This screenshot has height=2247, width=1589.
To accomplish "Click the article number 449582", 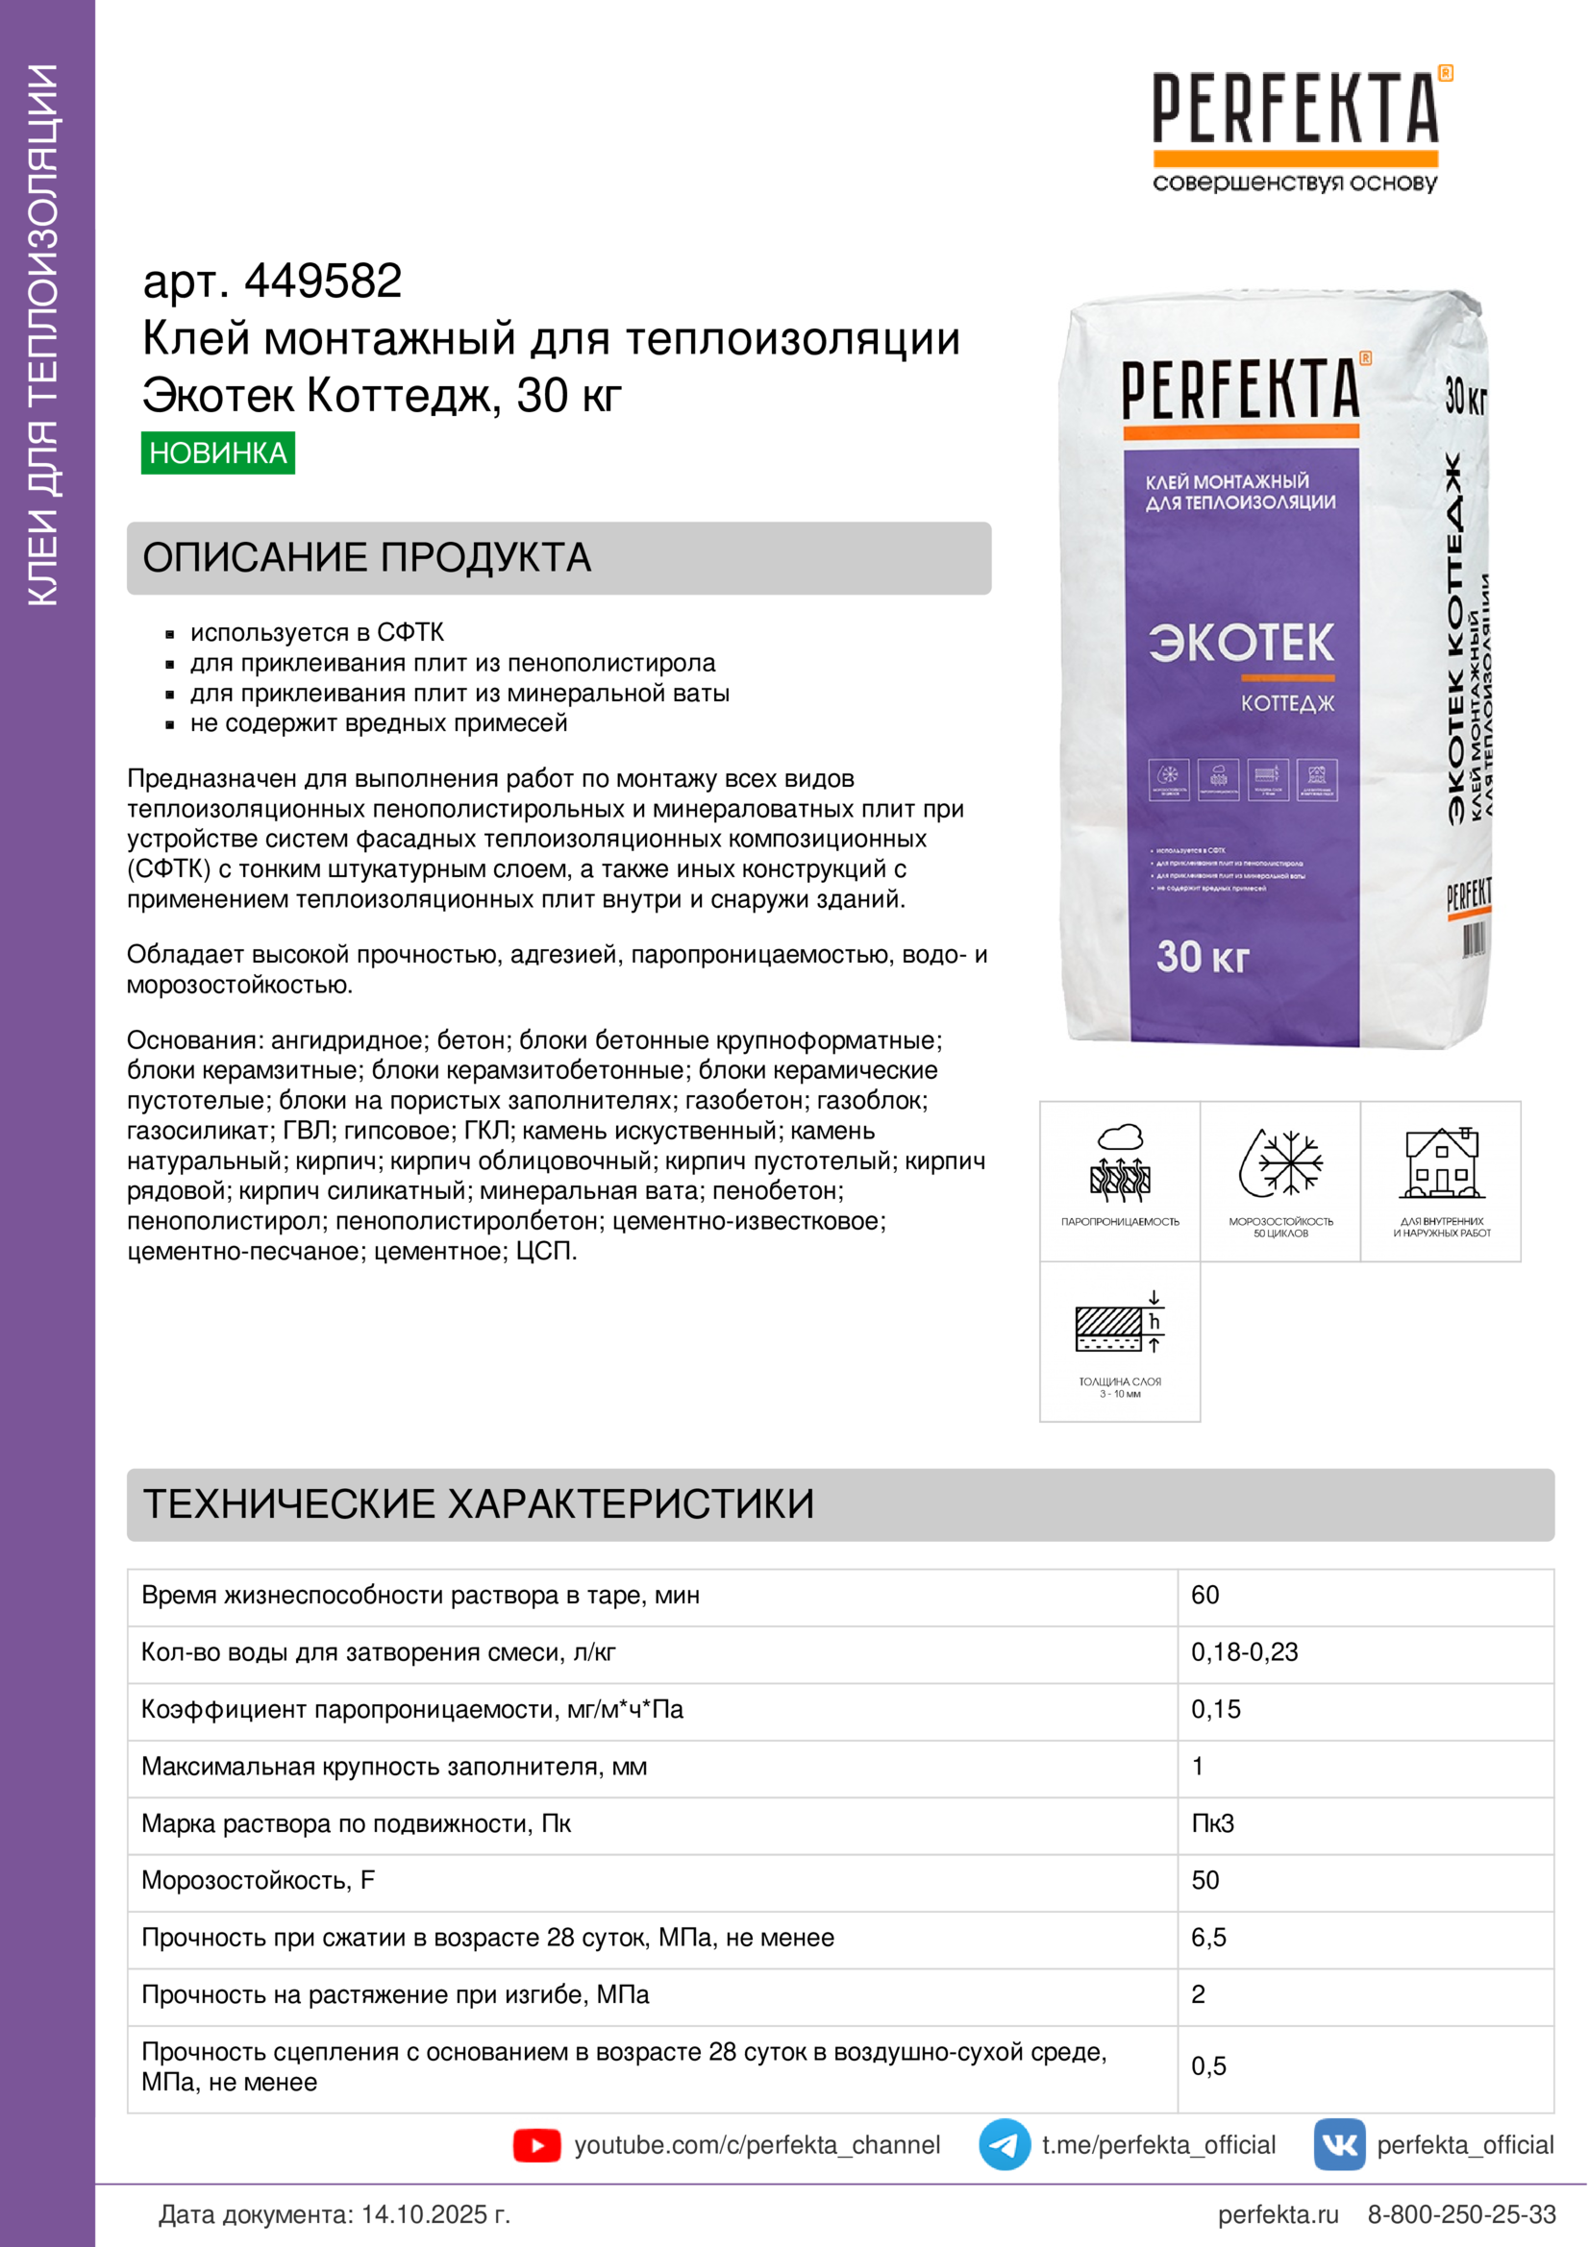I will [x=322, y=281].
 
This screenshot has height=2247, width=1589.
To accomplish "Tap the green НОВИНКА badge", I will [x=217, y=453].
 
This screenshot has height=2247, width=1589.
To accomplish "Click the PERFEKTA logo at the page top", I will [x=1295, y=109].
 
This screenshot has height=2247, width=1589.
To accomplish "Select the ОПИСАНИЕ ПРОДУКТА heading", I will [x=367, y=558].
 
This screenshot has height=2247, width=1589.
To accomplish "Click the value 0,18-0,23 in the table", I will [x=1244, y=1652].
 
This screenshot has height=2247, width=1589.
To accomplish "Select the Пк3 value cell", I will [x=1212, y=1823].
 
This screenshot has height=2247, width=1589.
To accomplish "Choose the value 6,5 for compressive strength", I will [x=1208, y=1938].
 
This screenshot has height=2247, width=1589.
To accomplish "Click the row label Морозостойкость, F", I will [x=258, y=1880].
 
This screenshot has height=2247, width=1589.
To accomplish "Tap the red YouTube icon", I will [x=536, y=2145].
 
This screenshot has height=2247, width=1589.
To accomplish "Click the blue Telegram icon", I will [x=1004, y=2145].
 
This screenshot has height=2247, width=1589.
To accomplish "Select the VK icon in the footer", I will [x=1338, y=2145].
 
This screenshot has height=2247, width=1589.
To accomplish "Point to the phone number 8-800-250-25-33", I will [x=1461, y=2214].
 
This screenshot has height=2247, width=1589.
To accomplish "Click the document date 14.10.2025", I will [x=436, y=2214].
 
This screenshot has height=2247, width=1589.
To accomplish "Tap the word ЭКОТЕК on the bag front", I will [x=1240, y=643].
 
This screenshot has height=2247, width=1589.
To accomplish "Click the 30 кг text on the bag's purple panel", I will [x=1203, y=956].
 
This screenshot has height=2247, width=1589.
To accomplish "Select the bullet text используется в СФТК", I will [x=316, y=632].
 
